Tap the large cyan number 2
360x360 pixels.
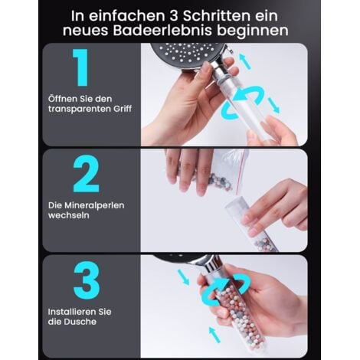[87, 174]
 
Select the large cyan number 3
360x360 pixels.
[87, 280]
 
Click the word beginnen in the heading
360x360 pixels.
[253, 31]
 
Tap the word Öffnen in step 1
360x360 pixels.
[62, 99]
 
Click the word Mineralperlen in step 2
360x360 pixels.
[94, 205]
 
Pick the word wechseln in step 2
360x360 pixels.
[69, 215]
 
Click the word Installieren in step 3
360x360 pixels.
[73, 312]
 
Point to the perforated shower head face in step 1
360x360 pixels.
[188, 54]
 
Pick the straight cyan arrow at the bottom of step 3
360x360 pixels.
[214, 335]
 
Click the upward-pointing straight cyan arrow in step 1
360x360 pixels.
[245, 61]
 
